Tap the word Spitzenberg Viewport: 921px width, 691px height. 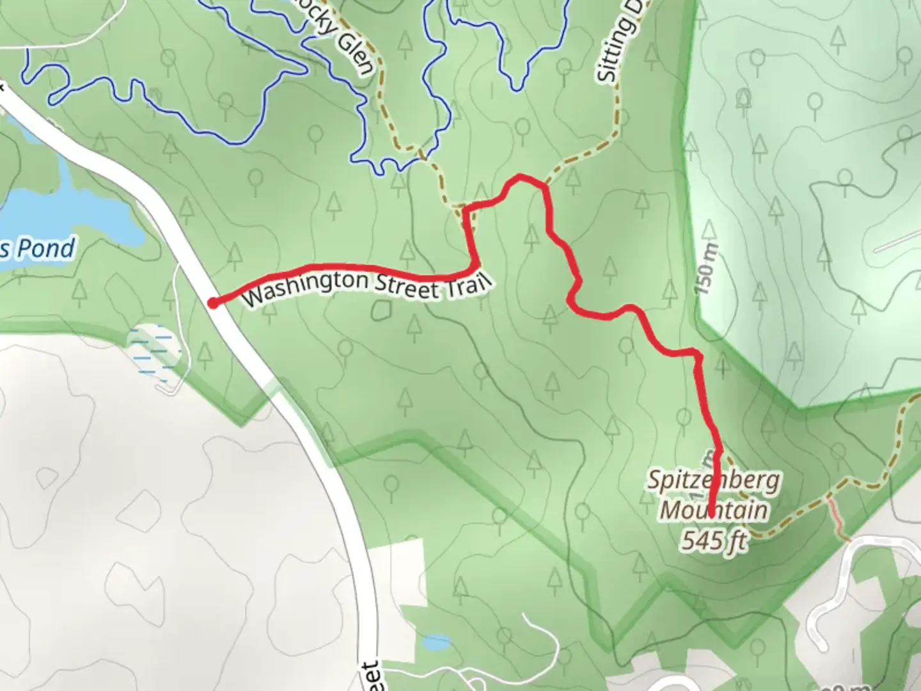(714, 481)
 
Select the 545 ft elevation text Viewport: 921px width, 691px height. (714, 541)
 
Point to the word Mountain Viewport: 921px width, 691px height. (714, 511)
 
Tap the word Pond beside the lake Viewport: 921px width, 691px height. (46, 248)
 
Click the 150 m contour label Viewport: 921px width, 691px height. (708, 268)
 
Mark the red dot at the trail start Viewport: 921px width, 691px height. (213, 303)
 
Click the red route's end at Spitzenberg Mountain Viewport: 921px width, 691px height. (711, 513)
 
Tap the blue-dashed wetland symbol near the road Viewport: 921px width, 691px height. (153, 349)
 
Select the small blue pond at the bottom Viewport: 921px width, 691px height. (437, 642)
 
